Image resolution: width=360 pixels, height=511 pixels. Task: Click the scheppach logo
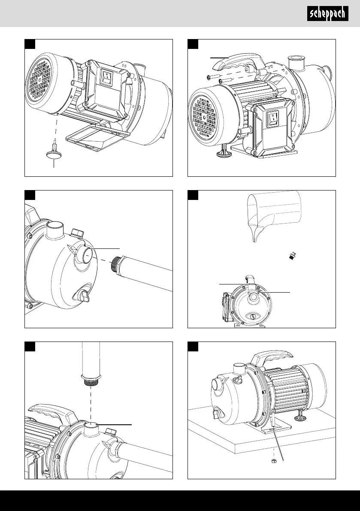point(327,14)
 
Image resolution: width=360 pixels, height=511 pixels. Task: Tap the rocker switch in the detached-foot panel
point(106,77)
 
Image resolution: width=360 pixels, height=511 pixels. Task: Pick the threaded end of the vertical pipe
point(91,380)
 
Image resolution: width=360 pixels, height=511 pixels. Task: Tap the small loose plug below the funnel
point(292,256)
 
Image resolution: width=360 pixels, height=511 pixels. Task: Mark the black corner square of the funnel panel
point(193,195)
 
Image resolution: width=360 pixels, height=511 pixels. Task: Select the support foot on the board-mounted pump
point(299,414)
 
